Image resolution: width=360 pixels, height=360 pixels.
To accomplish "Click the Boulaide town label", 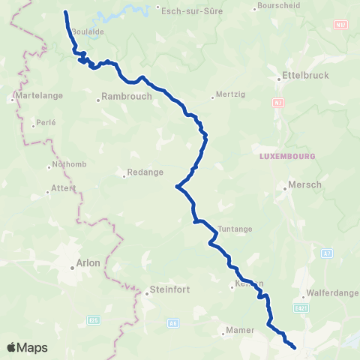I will pos(87,33).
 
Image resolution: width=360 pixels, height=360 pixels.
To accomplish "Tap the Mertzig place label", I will pos(226,94).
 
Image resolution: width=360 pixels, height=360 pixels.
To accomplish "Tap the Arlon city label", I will pos(88,263).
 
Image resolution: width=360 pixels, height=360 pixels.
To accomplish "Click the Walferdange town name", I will pos(328,295).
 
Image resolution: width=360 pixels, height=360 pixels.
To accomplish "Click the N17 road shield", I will pos(342,25).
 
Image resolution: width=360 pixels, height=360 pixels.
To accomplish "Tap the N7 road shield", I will pos(277,100).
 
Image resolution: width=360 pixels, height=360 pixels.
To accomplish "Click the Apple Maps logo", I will pos(27,347).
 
